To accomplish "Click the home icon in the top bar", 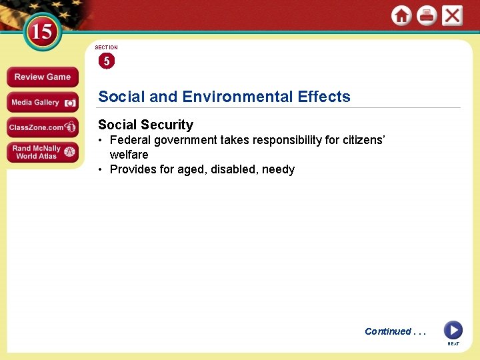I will point(401,15).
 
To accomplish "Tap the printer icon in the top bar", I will point(427,15).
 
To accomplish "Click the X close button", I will point(452,15).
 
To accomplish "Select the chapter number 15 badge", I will point(41,32).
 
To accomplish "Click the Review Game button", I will point(42,77).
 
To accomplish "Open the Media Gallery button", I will point(42,103).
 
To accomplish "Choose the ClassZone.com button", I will point(42,127).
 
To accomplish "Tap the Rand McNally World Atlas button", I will point(42,152).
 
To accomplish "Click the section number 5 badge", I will point(106,61).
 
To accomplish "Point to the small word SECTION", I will point(106,47).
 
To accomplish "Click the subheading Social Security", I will point(145,125).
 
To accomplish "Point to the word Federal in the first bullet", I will point(131,140).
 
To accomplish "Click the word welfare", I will point(129,155).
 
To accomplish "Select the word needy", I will point(278,170).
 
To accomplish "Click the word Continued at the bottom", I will point(388,331).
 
